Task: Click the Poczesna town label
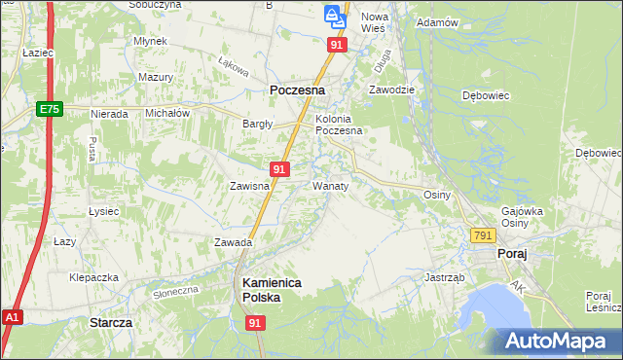point(296,90)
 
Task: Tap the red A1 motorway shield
point(12,317)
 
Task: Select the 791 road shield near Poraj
point(483,235)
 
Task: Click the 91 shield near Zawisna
point(279,169)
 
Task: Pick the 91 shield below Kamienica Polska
point(255,322)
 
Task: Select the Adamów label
point(437,21)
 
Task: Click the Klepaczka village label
point(93,277)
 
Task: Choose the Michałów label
point(165,113)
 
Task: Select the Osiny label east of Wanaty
point(437,195)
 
